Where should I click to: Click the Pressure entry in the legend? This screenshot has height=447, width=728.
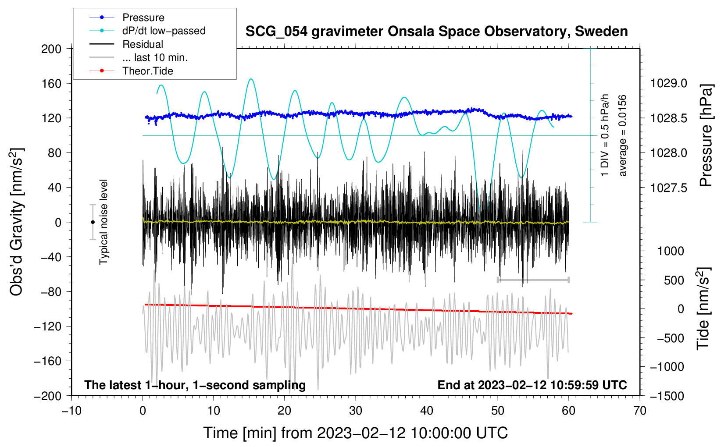[143, 18]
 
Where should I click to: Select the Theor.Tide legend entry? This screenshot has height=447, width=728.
[147, 71]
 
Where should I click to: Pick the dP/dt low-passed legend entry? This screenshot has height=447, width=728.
[164, 31]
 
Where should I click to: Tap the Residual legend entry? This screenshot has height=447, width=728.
[143, 44]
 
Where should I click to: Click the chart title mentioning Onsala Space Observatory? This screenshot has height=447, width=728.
[436, 32]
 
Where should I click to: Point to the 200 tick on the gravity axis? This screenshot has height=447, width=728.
[51, 49]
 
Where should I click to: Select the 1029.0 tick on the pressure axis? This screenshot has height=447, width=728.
[668, 83]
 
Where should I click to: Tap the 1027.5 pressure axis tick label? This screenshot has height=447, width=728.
[668, 188]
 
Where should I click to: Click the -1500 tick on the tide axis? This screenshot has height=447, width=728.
[667, 396]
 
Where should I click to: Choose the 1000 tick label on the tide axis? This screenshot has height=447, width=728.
[671, 251]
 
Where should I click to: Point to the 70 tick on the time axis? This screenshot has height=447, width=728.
[640, 411]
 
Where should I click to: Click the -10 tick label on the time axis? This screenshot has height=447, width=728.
[71, 411]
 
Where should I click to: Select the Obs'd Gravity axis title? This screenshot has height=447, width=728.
[16, 222]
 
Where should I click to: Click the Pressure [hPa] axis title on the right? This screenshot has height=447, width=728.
[706, 136]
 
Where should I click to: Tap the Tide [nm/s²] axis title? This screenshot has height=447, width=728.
[703, 309]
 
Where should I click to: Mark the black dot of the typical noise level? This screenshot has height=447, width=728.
[93, 222]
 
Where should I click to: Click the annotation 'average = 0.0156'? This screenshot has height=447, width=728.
[623, 136]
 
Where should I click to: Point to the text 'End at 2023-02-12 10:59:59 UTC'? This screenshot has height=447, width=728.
[532, 385]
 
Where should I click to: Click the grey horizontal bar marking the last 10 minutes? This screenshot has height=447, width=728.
[533, 280]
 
